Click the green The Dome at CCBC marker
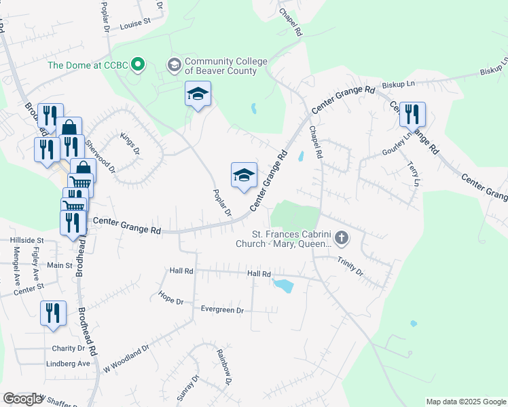point(139,65)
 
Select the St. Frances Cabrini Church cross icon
point(342,238)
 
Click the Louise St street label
point(134,23)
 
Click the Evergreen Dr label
point(222,310)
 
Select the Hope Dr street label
point(172,295)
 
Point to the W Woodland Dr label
point(126,360)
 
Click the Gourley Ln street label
point(397,144)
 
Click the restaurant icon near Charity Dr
point(53,313)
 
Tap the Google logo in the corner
point(22,399)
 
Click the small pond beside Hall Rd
point(283,286)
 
